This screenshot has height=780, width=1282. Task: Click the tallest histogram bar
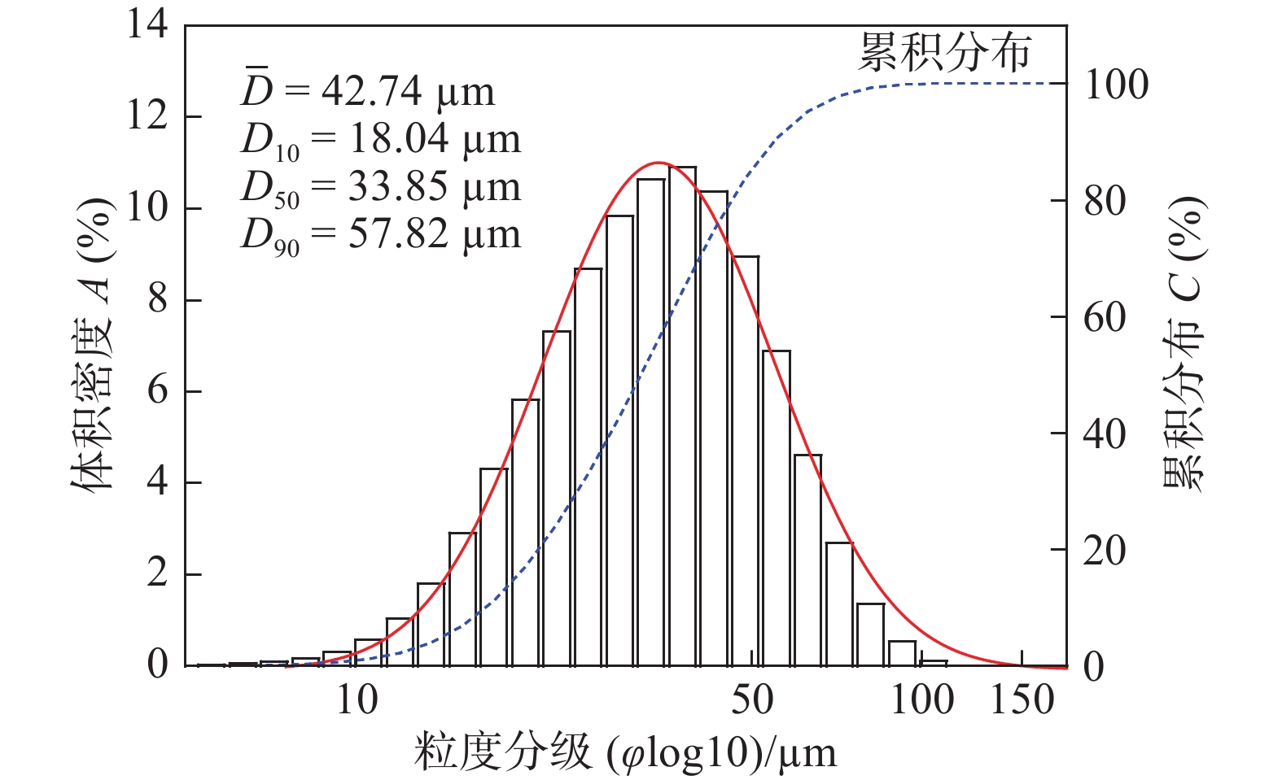tap(682, 415)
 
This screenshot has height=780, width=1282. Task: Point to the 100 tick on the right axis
tap(1116, 85)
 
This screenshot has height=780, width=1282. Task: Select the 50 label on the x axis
tap(751, 699)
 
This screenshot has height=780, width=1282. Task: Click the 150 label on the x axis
tap(1022, 699)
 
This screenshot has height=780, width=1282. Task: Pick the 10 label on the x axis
tap(357, 699)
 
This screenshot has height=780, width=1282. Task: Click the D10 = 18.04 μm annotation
tap(381, 141)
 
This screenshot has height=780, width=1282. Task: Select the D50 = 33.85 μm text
tap(381, 188)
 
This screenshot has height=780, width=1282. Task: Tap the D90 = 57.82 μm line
tap(381, 235)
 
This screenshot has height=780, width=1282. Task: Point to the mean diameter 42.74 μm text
tap(368, 91)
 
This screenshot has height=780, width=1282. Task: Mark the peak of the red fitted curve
tap(659, 163)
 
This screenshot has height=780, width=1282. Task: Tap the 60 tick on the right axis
tap(1105, 317)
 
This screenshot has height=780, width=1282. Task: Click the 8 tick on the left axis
tap(157, 299)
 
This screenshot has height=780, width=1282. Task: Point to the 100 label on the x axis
tap(922, 699)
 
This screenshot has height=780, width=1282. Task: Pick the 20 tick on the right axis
tap(1105, 551)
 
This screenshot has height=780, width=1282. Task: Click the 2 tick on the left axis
tap(157, 574)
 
